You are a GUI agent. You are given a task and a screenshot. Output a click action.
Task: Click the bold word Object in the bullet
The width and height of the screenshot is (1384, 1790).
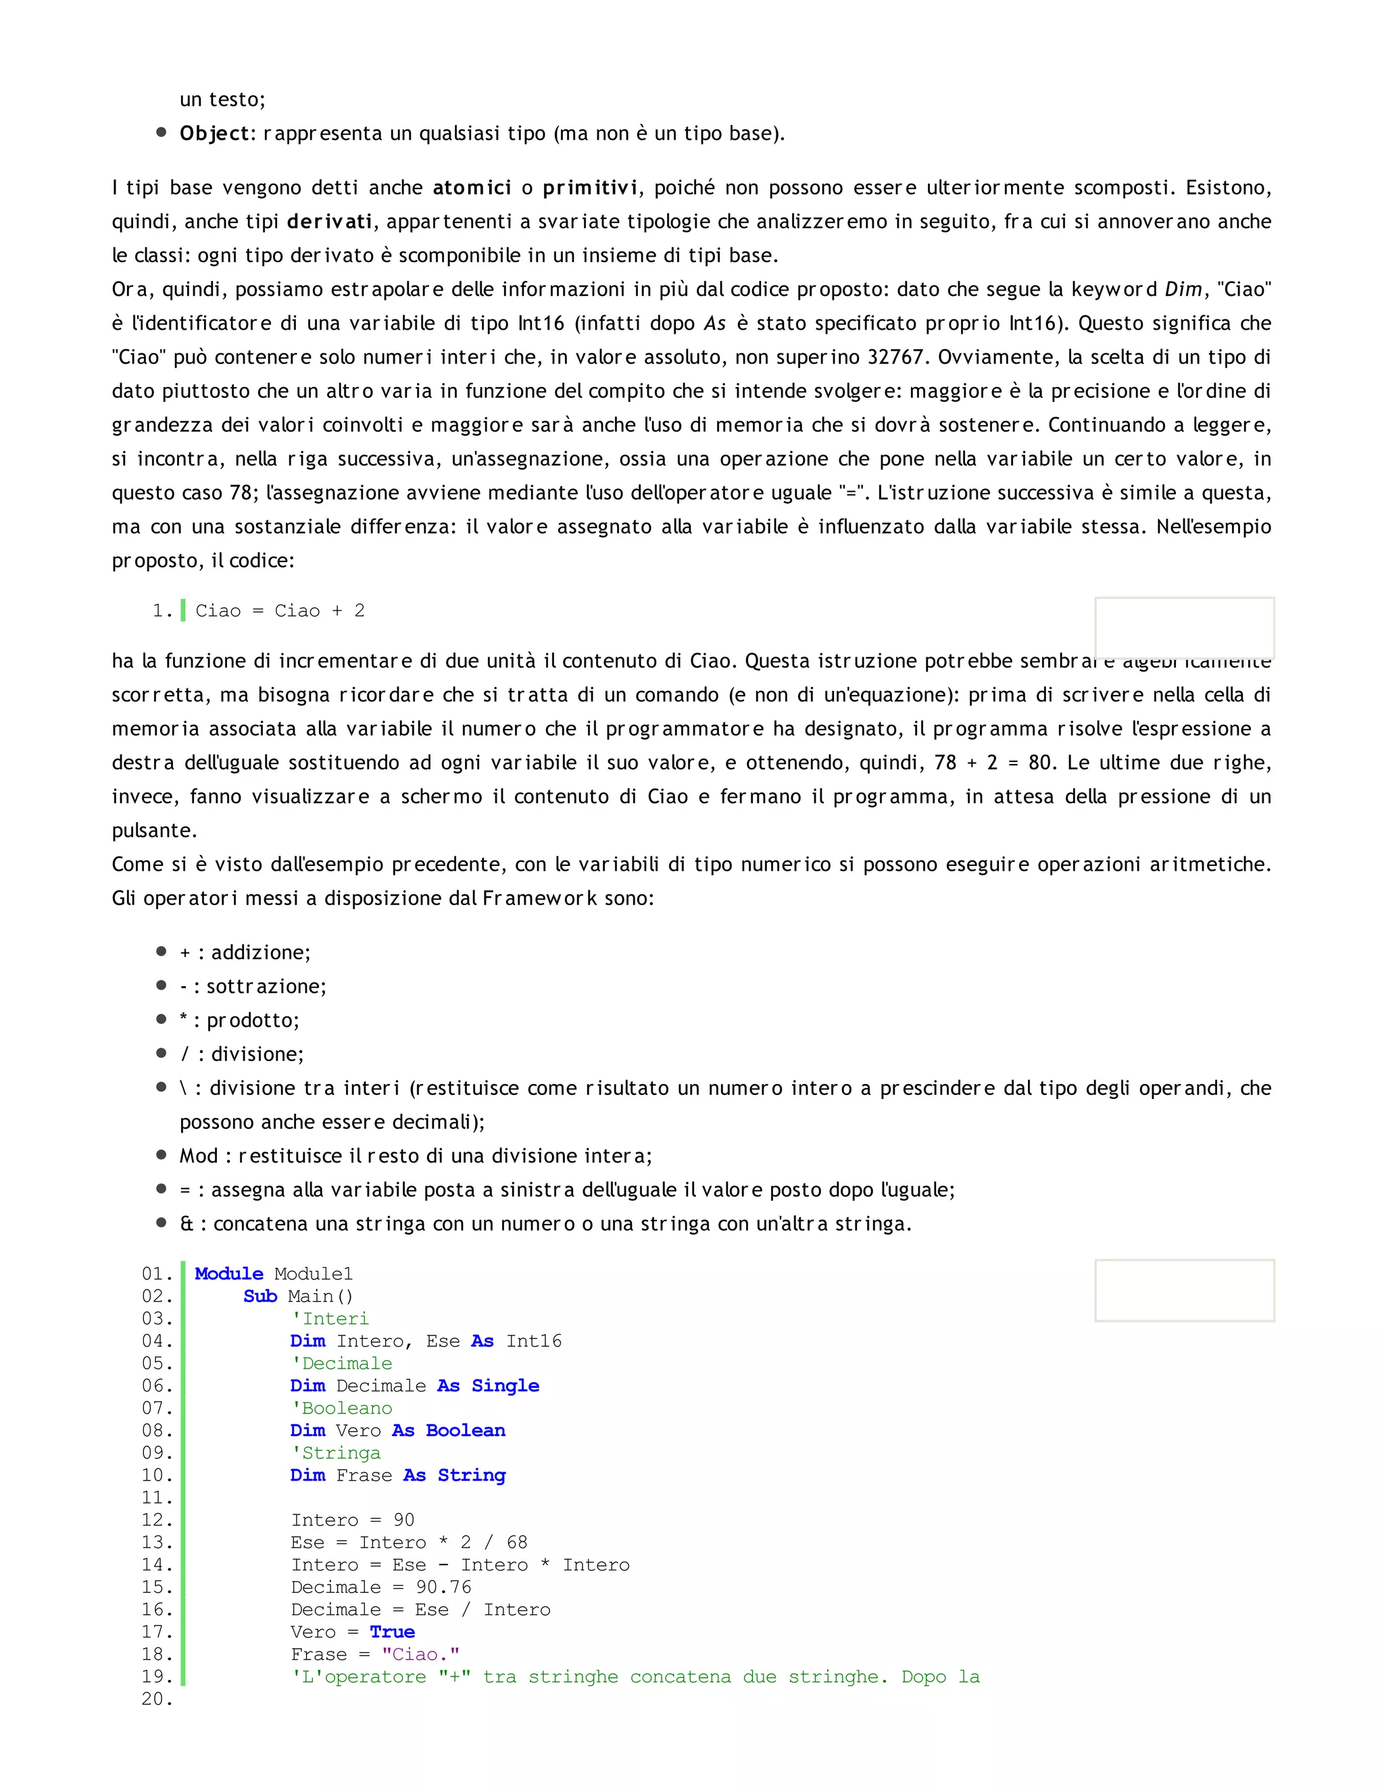[214, 134]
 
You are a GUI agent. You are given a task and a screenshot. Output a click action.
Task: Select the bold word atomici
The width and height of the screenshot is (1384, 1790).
[472, 188]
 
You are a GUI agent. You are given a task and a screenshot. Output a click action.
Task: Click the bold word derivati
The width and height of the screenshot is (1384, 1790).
[329, 222]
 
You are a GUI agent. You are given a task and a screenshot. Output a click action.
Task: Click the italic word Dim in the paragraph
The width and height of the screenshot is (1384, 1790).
[1183, 289]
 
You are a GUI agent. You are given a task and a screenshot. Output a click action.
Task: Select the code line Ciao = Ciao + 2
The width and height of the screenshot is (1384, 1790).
[280, 611]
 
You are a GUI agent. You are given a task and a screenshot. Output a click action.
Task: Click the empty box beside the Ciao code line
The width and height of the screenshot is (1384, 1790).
[1184, 627]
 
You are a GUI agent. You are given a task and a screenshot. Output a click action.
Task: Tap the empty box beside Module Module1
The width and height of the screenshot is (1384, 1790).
[1184, 1290]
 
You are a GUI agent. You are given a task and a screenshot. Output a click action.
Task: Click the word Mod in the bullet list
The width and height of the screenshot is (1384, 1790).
[199, 1156]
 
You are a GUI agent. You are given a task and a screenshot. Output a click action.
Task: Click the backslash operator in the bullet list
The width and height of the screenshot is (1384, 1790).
[184, 1088]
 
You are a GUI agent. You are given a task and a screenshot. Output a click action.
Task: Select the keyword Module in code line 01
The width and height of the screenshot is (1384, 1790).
[229, 1274]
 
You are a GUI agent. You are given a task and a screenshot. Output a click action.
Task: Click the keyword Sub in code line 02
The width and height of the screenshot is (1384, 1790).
[260, 1296]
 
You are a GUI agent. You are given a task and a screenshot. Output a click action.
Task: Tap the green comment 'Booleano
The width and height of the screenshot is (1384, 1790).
[342, 1408]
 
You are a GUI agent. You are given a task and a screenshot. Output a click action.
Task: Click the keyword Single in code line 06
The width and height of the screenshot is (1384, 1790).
[505, 1386]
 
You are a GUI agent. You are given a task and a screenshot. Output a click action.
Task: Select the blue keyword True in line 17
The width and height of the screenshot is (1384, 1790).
[392, 1632]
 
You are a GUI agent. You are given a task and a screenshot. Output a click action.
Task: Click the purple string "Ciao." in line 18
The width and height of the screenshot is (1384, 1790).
[420, 1654]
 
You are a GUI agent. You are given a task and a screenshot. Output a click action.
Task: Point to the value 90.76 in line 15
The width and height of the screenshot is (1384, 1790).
[443, 1587]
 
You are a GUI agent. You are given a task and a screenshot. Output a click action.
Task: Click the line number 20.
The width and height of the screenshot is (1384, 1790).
[157, 1699]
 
